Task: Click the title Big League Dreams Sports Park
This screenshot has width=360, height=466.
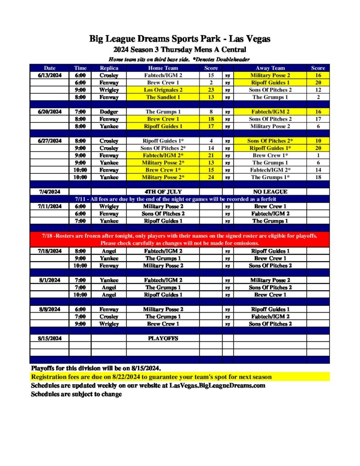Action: click(x=180, y=39)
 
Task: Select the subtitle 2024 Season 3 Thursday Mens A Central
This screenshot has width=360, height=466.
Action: click(x=180, y=50)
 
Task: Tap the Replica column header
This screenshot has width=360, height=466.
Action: click(x=109, y=68)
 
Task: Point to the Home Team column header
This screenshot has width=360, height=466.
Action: click(x=162, y=68)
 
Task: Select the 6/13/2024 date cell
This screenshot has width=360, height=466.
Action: click(x=50, y=75)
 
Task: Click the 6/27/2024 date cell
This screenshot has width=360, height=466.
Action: click(x=50, y=141)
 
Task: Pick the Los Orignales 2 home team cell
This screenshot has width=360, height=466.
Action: click(x=162, y=90)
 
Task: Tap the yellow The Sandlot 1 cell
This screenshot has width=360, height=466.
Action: click(x=162, y=97)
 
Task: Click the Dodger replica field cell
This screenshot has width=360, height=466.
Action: click(x=109, y=111)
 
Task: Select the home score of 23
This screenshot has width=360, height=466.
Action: click(x=211, y=90)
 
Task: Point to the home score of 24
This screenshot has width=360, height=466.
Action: click(x=211, y=177)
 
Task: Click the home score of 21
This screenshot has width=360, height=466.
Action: click(x=211, y=155)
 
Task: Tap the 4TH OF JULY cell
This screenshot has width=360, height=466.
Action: click(x=162, y=192)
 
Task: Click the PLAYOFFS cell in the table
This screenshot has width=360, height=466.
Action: click(x=162, y=338)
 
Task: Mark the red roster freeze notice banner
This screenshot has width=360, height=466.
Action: click(x=180, y=239)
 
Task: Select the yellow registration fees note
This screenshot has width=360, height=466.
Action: click(x=151, y=377)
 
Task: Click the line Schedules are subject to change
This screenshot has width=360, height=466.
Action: click(x=76, y=394)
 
